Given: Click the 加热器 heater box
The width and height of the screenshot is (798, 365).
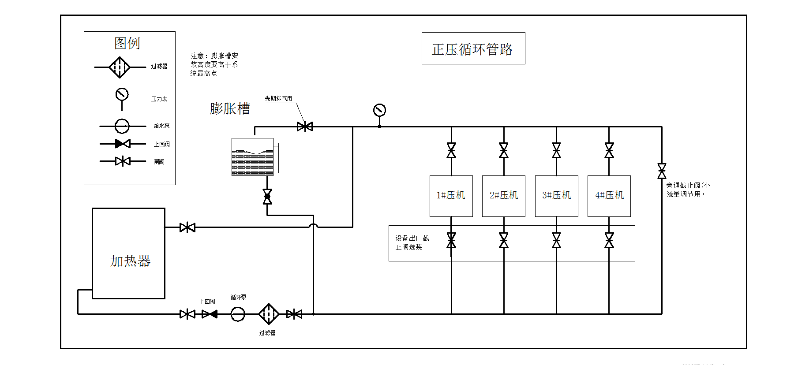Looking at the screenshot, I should pos(128,253).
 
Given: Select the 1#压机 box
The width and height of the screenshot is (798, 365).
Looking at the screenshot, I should pos(451,196).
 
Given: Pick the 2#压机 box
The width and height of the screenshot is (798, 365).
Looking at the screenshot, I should pos(504,196).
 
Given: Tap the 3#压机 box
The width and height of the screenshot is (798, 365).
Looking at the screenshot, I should pos(556,196).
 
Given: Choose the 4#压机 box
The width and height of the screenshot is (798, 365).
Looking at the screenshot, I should pos(609,196).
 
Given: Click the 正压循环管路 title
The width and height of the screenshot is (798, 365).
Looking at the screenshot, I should pos(473,48).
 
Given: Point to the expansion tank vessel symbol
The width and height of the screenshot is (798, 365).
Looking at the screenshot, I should pos(253,157).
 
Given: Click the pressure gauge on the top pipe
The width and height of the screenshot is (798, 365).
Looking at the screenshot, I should pos(379,110).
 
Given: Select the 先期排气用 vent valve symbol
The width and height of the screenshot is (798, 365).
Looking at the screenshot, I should pos(305,127).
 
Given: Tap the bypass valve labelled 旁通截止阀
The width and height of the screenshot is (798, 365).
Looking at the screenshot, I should pos(662,171).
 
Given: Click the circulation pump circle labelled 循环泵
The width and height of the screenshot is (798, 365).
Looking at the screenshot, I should pos(238,314).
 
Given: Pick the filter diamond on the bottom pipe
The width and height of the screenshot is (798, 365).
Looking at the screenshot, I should pos(268,314).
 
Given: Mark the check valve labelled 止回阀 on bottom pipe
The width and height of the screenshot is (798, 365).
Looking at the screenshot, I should pos(210,314).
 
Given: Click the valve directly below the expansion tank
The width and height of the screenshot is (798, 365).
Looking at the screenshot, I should pos(267,197).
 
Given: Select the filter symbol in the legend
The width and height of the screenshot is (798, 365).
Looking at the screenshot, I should pos(120,67).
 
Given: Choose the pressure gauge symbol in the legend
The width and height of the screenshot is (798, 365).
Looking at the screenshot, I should pos(122,94).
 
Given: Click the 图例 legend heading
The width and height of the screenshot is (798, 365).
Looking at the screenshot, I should pos(127,43).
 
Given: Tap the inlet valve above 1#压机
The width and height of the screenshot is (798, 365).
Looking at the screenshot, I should pos(451,150).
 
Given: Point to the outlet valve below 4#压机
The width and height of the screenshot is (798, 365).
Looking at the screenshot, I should pos(609,240).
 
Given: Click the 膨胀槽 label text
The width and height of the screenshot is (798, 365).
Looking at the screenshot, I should pos(230,108).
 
